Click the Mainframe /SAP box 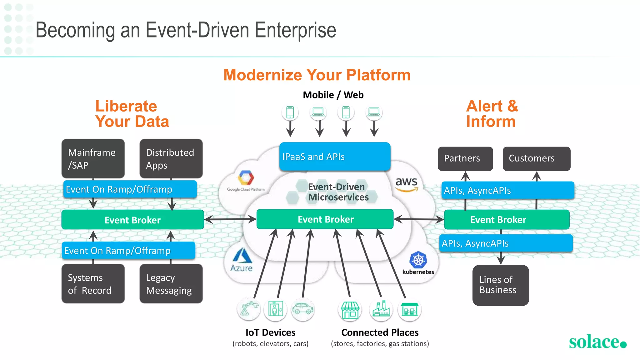coord(93,158)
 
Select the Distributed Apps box coord(171,158)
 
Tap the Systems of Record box coord(93,284)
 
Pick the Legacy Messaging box coord(171,284)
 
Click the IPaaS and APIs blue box coord(335,157)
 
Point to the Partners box coord(465,158)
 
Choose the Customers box coord(536,158)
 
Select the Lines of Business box coord(500,285)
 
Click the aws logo coord(406,184)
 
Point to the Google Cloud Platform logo coord(246,181)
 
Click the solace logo coord(597,342)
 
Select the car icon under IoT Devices coord(302,309)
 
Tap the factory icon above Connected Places coord(381,309)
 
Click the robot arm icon coord(249,309)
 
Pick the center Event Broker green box coord(325,219)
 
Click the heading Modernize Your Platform coord(317,75)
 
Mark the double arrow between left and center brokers coord(230,219)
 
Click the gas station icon coord(409,309)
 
